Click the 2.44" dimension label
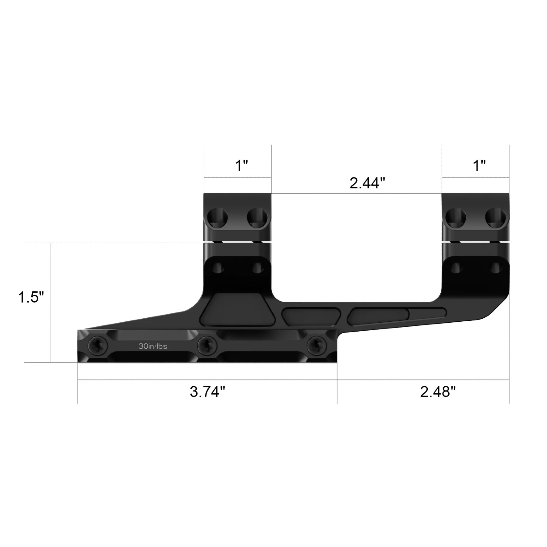coord(367,183)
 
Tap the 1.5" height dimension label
coord(31,297)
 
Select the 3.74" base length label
coord(208,392)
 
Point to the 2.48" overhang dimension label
coord(438,392)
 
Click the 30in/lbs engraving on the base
coord(153,346)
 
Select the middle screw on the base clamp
coord(208,346)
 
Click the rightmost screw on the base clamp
coord(317,346)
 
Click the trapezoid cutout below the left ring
coord(238,308)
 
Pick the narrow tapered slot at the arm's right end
coord(427,312)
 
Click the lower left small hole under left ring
coord(217,267)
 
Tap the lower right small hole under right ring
coord(495,267)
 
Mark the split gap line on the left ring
coord(237,242)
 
